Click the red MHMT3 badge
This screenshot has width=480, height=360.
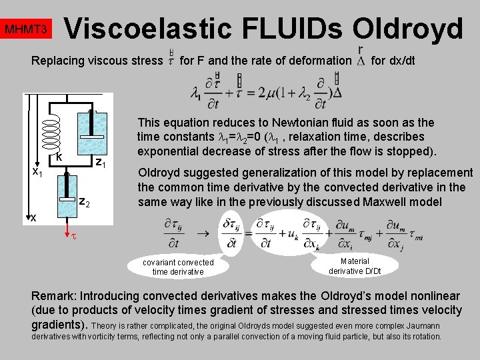pyautogui.click(x=25, y=30)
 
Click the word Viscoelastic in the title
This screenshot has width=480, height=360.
pyautogui.click(x=147, y=29)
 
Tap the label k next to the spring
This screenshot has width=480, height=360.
pyautogui.click(x=59, y=157)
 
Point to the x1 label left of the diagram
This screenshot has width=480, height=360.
pyautogui.click(x=38, y=172)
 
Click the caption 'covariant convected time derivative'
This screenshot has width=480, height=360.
pyautogui.click(x=178, y=267)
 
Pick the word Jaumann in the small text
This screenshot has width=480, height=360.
pyautogui.click(x=421, y=325)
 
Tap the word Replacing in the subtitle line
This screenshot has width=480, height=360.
pyautogui.click(x=56, y=61)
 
